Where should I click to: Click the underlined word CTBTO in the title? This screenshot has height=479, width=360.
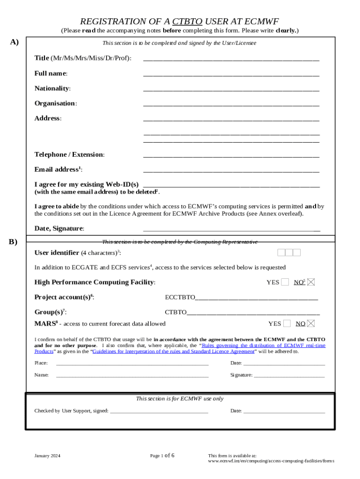(187, 22)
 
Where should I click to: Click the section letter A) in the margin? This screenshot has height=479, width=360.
(14, 42)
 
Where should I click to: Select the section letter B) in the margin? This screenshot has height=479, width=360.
(13, 242)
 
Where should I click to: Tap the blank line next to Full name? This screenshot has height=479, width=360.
(231, 74)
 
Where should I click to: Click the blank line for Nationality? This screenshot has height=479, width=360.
(231, 89)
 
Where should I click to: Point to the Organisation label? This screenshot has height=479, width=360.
(56, 103)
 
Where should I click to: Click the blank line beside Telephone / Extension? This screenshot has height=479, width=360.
(231, 155)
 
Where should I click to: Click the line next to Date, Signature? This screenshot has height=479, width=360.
(231, 229)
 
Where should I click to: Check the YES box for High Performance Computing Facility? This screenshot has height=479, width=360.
(285, 282)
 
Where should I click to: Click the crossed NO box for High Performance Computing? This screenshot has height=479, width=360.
(311, 282)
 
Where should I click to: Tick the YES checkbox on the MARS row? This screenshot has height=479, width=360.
(287, 323)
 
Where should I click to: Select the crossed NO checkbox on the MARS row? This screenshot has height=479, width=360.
(311, 323)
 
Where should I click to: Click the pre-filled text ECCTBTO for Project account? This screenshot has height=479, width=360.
(180, 297)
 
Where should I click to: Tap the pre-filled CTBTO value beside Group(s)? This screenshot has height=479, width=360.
(176, 312)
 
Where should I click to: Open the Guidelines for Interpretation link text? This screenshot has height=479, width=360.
(173, 351)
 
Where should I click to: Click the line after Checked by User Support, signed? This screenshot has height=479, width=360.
(159, 412)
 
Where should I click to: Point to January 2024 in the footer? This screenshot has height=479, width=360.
(47, 456)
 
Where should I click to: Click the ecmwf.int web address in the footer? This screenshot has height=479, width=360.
(271, 461)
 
